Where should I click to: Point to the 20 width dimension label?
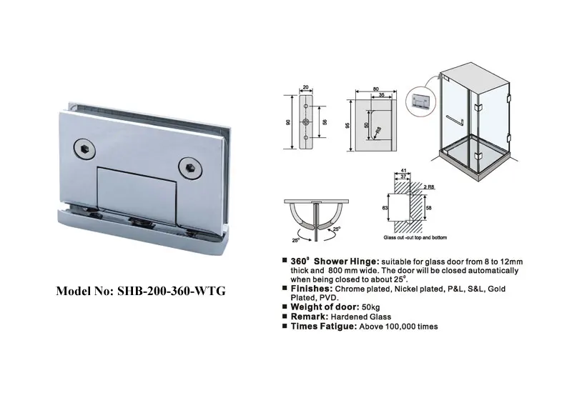(307, 88)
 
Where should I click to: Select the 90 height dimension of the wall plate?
(289, 122)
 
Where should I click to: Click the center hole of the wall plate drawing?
(307, 123)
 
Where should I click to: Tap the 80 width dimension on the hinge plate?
(375, 89)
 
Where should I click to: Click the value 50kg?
(371, 306)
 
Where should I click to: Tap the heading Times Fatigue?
(321, 326)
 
